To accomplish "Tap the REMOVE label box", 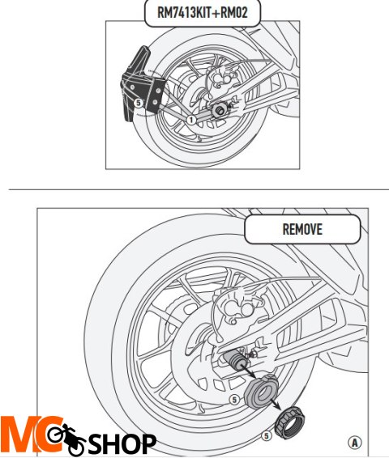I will [x=302, y=228].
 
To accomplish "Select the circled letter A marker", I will [x=354, y=442].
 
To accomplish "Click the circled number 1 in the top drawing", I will [x=191, y=119].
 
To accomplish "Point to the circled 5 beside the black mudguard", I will [x=139, y=104].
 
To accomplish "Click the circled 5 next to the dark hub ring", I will [x=233, y=399].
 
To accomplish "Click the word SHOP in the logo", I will [x=122, y=443].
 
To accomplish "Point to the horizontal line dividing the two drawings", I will [x=194, y=190].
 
